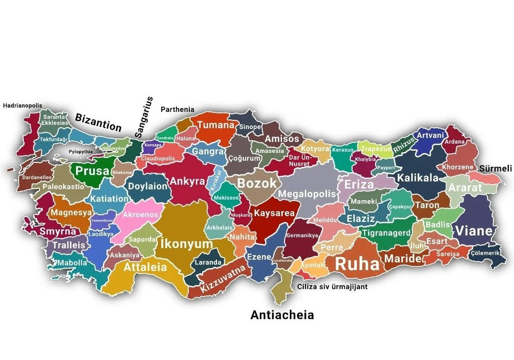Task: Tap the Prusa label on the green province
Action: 92,171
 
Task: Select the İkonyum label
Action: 187,244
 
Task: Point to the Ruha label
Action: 357,264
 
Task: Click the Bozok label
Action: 257,183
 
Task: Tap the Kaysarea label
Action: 274,213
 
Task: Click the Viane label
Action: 474,231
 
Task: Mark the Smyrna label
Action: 58,231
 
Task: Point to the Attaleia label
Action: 145,267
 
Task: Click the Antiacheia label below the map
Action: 282,315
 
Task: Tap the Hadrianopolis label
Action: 23,106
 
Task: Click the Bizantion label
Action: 99,122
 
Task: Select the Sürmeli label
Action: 495,169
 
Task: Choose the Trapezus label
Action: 376,149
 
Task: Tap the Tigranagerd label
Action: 385,233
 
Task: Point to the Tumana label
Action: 216,125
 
